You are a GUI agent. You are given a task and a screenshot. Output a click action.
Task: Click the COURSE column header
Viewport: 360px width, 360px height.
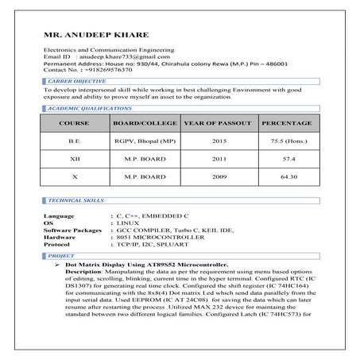coord(74,124)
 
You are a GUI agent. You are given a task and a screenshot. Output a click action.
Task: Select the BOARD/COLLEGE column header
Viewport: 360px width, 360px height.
coord(145,124)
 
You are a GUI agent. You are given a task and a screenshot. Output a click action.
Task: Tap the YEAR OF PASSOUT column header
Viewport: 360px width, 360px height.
coord(217,124)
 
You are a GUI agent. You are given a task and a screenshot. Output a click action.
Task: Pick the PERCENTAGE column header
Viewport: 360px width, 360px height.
coord(285,124)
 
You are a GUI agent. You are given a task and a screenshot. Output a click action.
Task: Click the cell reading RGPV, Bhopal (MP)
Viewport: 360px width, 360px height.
coord(145,142)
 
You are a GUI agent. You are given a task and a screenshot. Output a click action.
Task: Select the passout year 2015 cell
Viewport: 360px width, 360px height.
coord(217,142)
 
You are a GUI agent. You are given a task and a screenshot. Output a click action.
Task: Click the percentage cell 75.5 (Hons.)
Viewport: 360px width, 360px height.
coord(285,142)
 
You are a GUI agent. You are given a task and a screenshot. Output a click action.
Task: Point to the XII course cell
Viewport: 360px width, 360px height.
coord(74,159)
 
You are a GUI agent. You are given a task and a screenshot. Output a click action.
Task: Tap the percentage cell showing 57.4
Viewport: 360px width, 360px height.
coord(285,159)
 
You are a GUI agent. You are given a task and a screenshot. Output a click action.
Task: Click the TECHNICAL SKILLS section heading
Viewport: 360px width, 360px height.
coord(75,202)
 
